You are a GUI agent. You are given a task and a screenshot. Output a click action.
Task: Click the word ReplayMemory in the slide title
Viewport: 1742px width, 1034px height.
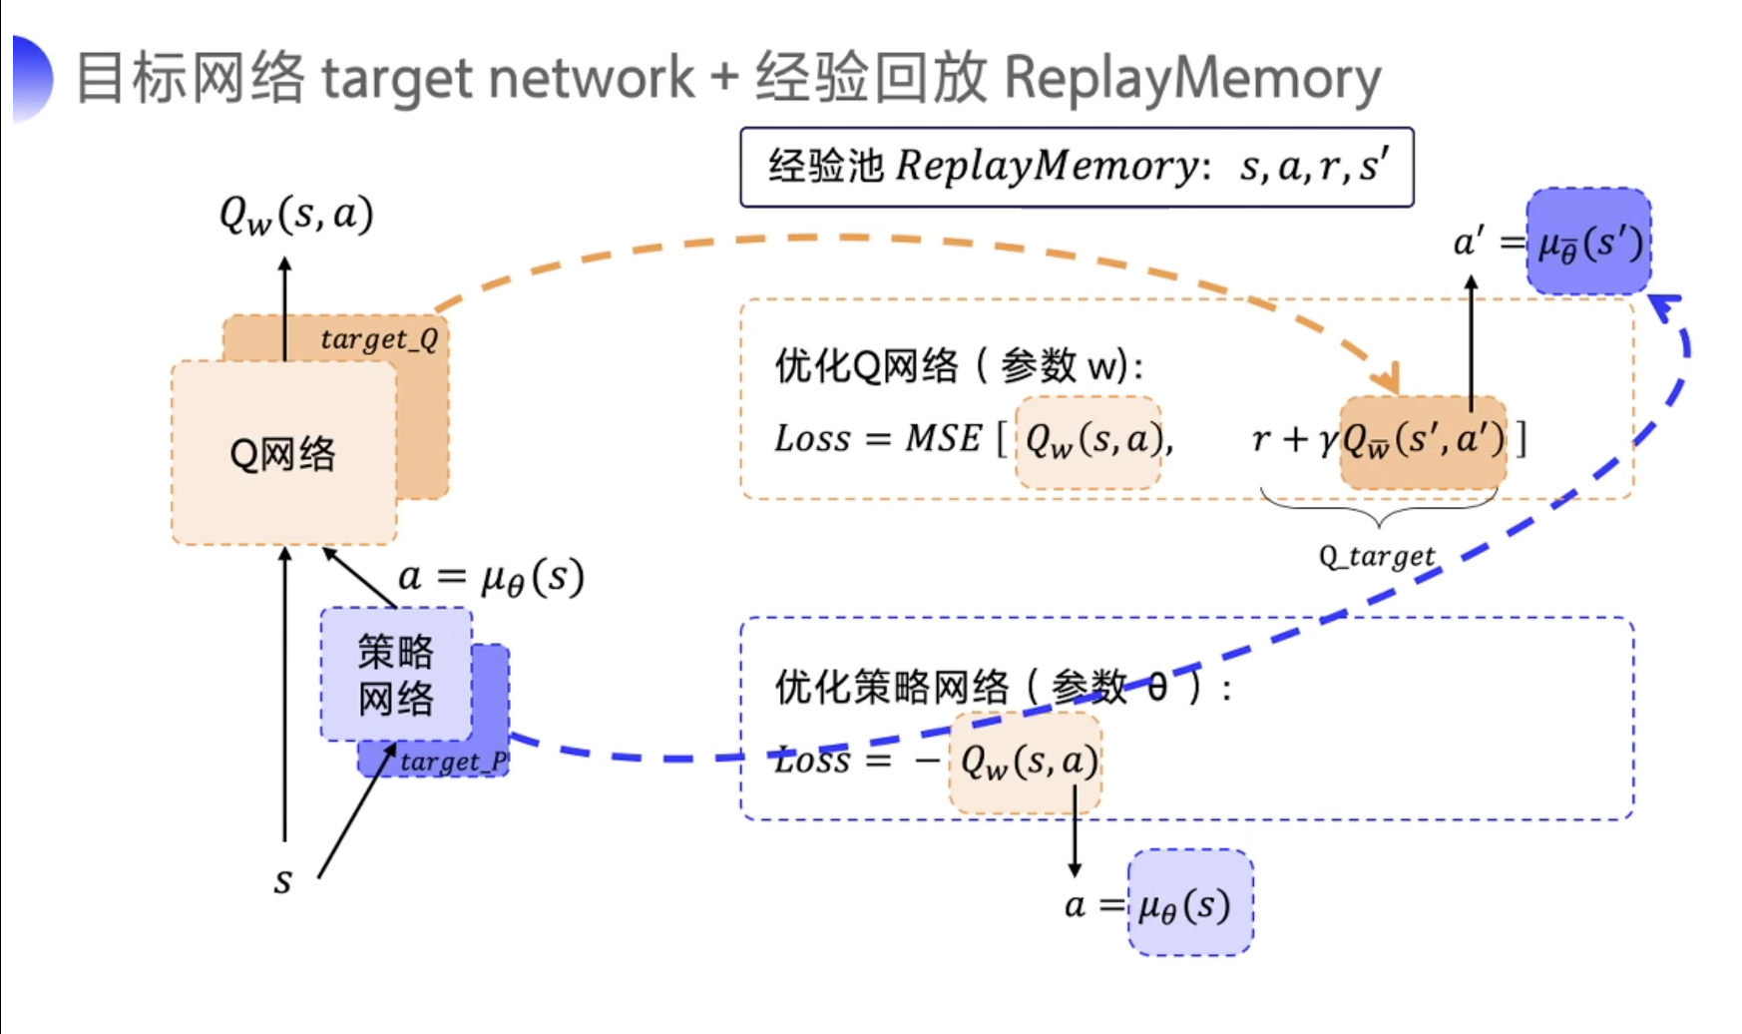click(1192, 78)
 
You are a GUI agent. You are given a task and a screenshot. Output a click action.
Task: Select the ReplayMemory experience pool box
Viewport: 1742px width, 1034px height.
click(1077, 167)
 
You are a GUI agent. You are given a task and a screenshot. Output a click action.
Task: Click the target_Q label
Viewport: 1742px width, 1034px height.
click(379, 339)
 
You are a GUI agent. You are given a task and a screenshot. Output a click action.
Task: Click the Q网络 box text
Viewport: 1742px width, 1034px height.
click(282, 454)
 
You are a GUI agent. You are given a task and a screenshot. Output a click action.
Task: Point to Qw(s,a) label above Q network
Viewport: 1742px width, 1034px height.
click(296, 215)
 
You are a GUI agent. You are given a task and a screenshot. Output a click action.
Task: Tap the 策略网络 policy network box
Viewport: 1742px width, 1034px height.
click(396, 674)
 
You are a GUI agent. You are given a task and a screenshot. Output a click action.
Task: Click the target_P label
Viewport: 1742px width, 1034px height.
click(454, 762)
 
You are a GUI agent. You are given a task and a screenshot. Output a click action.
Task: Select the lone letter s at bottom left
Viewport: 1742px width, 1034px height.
click(282, 881)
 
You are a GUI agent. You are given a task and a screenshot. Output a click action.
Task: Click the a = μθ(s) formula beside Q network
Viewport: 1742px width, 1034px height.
click(491, 577)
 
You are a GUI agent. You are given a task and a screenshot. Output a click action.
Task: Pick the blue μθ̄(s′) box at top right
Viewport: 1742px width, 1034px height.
click(1589, 243)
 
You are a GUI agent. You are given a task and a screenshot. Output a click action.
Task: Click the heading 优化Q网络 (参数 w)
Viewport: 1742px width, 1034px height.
click(958, 366)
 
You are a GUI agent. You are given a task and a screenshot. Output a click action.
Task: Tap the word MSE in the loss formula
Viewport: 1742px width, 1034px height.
click(943, 438)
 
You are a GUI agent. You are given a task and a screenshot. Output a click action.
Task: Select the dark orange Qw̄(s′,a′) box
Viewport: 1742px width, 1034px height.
click(1423, 440)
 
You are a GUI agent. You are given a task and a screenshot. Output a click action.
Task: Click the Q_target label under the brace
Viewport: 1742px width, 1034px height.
click(1377, 556)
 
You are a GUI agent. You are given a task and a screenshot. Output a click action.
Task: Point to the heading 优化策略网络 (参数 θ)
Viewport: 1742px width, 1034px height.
click(1003, 687)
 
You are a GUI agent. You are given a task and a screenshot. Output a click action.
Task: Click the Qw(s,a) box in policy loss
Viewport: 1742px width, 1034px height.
click(1027, 763)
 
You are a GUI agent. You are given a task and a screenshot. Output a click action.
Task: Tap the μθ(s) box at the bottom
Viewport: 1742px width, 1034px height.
click(1189, 904)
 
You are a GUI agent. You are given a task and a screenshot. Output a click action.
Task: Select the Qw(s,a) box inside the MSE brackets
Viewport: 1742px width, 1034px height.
click(1089, 440)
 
